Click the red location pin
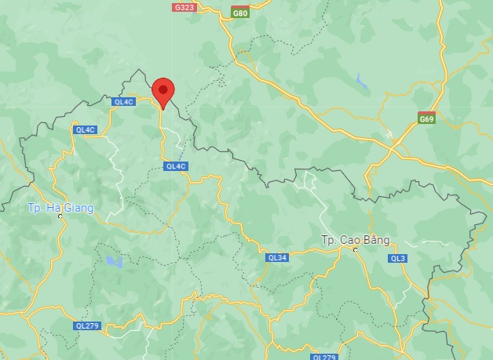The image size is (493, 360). click(x=163, y=93)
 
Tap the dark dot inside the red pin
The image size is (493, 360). click(x=163, y=89)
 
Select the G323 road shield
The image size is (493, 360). click(x=184, y=7)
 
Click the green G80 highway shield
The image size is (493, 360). click(x=240, y=13)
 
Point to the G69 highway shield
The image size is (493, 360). click(x=426, y=119)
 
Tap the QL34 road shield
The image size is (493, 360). click(x=277, y=257)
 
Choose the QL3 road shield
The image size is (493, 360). click(x=397, y=258)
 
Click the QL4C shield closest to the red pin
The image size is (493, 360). click(x=124, y=101)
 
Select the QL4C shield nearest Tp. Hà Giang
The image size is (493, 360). click(x=85, y=129)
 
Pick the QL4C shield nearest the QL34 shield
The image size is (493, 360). click(x=176, y=166)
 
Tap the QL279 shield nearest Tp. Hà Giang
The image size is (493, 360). click(x=87, y=325)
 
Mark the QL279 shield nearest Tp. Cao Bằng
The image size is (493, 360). click(x=324, y=357)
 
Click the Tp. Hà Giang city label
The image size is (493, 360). click(x=60, y=208)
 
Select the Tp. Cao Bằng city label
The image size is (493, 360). click(x=355, y=239)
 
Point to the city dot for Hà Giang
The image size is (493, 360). click(x=60, y=216)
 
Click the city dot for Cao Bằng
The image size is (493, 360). click(x=355, y=249)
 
